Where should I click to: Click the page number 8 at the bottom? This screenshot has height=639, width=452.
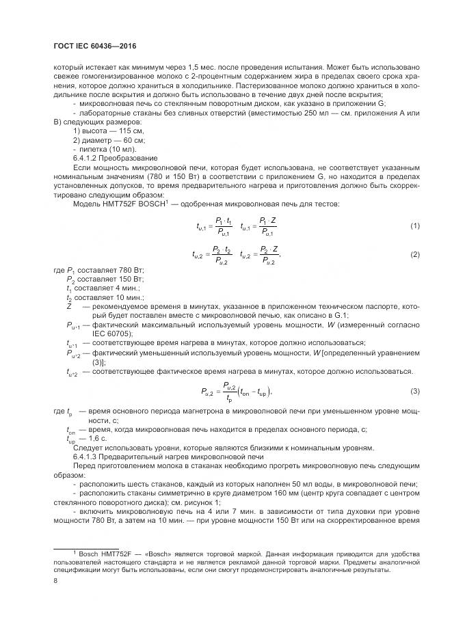(55, 582)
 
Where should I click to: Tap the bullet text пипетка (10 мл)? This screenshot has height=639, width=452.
(107, 149)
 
